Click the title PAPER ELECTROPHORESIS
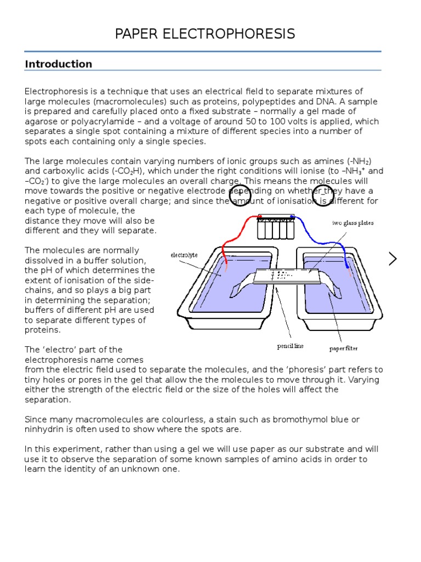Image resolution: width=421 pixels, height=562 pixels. (x=205, y=34)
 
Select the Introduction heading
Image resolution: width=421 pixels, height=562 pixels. (x=59, y=64)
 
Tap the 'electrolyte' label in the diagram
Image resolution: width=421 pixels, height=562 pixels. (x=184, y=255)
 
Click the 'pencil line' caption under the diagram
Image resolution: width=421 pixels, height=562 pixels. (x=290, y=346)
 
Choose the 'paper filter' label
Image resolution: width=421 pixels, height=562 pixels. (x=343, y=348)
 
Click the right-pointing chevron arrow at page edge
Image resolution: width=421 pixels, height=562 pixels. (x=392, y=258)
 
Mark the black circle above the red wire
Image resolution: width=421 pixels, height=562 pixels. (x=240, y=195)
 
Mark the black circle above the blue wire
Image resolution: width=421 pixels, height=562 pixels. (x=323, y=195)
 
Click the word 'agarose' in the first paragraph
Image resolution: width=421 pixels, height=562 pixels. (x=40, y=122)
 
